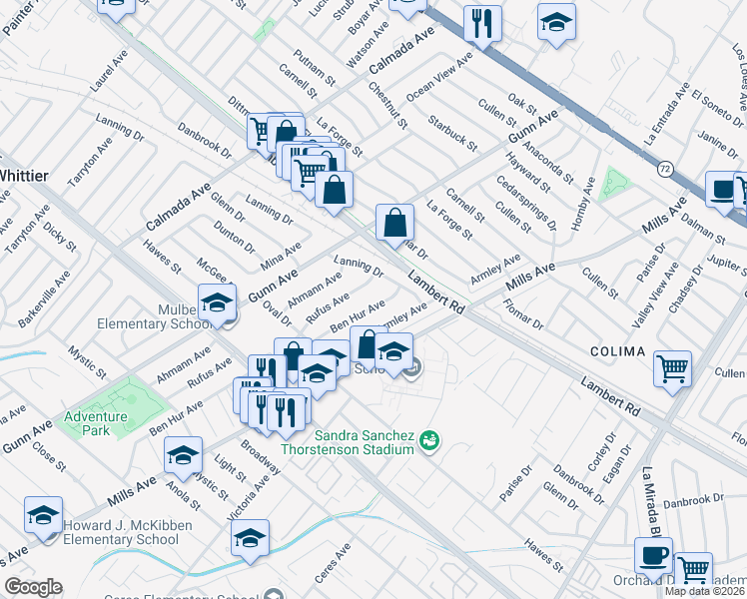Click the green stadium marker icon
click(x=430, y=438)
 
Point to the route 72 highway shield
click(x=665, y=169)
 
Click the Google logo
click(x=33, y=587)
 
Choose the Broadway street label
click(x=260, y=453)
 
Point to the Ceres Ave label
click(x=335, y=555)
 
